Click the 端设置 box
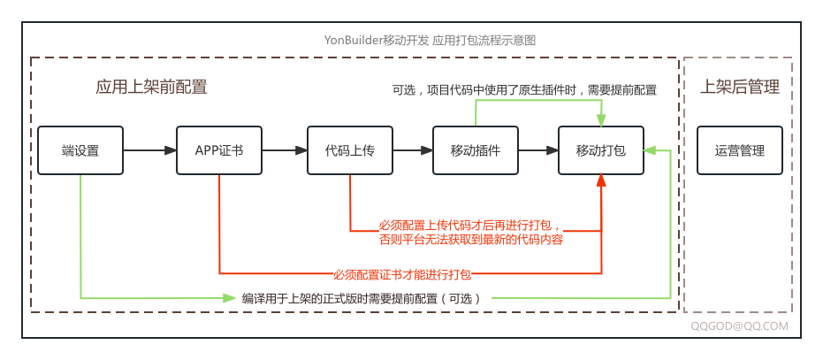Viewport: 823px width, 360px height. [80, 150]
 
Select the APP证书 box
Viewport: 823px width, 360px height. [219, 150]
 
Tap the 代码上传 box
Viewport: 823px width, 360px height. [350, 150]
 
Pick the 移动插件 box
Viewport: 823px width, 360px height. [476, 150]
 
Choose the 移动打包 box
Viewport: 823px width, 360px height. [601, 150]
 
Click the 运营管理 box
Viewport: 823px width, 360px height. [740, 150]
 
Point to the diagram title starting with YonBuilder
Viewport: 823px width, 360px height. [431, 41]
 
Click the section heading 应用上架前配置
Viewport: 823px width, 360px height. [151, 87]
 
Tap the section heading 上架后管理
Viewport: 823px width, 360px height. [740, 87]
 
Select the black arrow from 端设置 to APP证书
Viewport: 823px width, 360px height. [150, 150]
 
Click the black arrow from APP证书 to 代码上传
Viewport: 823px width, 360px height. [285, 150]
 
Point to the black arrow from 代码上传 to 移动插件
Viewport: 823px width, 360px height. [413, 150]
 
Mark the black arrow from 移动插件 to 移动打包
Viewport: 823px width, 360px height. [538, 150]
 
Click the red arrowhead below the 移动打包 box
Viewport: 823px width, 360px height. [601, 180]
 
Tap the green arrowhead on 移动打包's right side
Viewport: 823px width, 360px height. [650, 150]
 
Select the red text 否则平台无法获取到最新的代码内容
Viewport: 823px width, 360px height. [471, 239]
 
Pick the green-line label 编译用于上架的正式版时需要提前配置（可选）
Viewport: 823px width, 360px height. [362, 298]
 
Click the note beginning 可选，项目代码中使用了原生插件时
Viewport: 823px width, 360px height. [524, 90]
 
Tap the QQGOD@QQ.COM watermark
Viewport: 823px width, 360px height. [739, 326]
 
